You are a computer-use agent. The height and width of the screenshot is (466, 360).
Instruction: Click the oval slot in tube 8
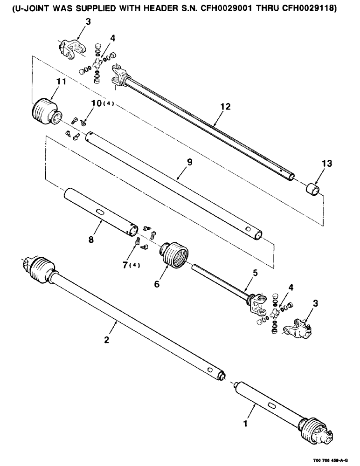click(x=101, y=212)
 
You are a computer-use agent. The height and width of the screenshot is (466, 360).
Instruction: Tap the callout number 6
click(x=157, y=283)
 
